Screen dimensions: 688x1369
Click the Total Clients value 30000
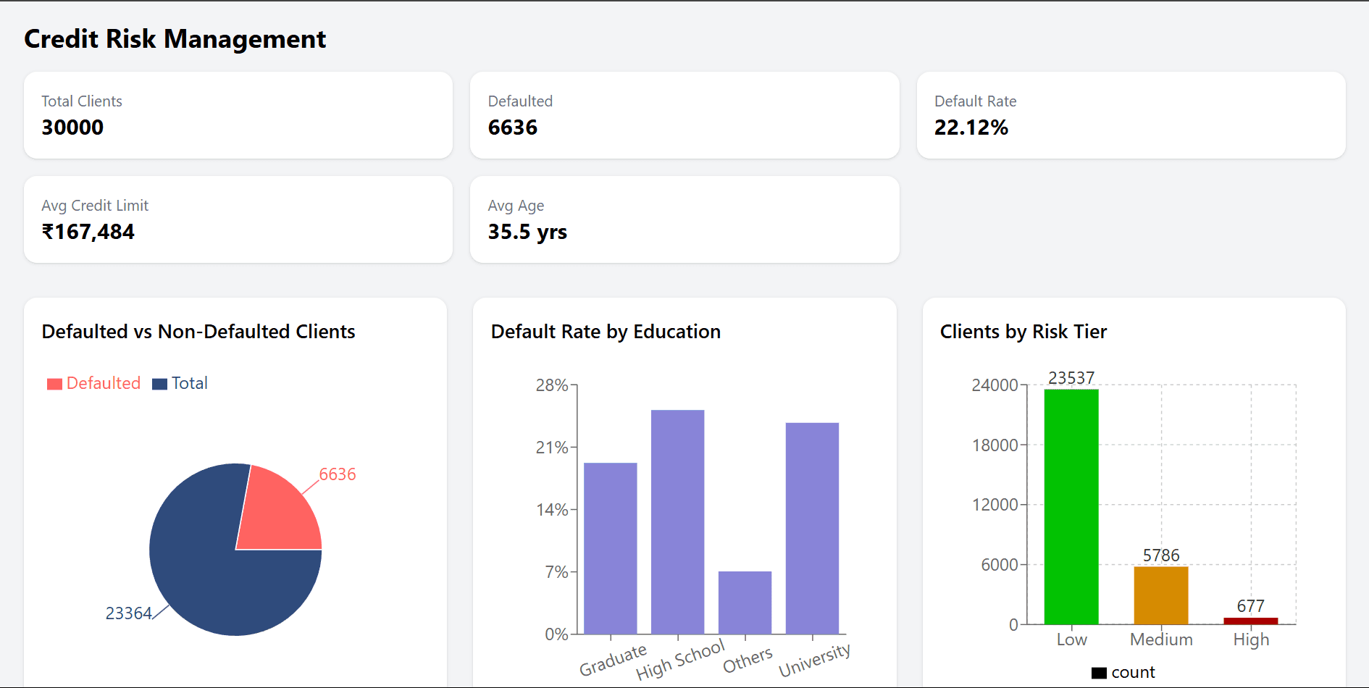click(x=72, y=127)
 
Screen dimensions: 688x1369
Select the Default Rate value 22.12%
click(x=971, y=127)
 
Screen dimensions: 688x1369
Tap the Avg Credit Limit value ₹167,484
click(x=88, y=232)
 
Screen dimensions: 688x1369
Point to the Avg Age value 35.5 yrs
click(x=527, y=232)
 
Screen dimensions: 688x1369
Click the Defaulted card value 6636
click(x=513, y=127)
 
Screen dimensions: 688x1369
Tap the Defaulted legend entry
click(x=94, y=383)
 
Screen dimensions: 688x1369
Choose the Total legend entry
click(x=180, y=383)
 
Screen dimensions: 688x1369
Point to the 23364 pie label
click(x=128, y=613)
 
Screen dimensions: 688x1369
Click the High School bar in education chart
click(x=677, y=521)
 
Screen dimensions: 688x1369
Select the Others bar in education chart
click(x=745, y=603)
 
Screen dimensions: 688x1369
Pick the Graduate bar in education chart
click(x=611, y=548)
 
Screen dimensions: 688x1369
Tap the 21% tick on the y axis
click(x=552, y=448)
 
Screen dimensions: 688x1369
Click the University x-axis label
click(x=814, y=660)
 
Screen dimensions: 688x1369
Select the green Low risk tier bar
click(x=1071, y=507)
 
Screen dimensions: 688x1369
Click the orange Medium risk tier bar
click(x=1161, y=595)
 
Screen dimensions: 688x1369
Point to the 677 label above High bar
click(x=1250, y=606)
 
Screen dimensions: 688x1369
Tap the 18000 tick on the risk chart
click(x=995, y=445)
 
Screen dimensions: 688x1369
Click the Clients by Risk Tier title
click(x=1023, y=332)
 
